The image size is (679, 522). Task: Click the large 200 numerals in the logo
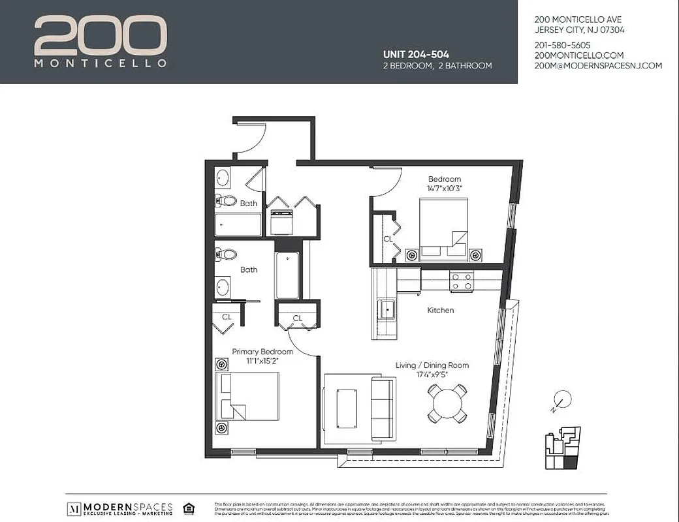pyautogui.click(x=100, y=37)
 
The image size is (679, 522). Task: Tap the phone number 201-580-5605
pyautogui.click(x=562, y=45)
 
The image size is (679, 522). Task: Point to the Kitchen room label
pyautogui.click(x=440, y=310)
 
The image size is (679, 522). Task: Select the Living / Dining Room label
pyautogui.click(x=432, y=365)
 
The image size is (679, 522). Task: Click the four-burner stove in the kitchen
pyautogui.click(x=462, y=281)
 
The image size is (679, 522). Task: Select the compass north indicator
pyautogui.click(x=561, y=399)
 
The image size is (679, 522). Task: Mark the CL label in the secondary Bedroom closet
pyautogui.click(x=388, y=239)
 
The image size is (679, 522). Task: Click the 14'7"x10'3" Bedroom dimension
pyautogui.click(x=445, y=188)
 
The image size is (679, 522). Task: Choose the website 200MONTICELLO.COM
pyautogui.click(x=578, y=55)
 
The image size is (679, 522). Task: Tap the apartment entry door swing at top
pyautogui.click(x=251, y=137)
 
